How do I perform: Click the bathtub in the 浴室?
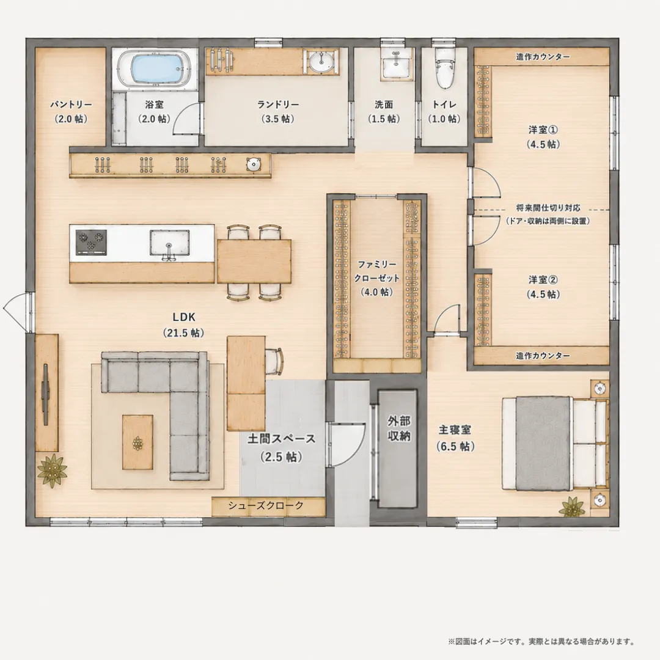pyautogui.click(x=155, y=69)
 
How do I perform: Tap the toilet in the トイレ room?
pyautogui.click(x=445, y=68)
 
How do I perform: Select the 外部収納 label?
pyautogui.click(x=398, y=428)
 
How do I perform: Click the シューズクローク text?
pyautogui.click(x=266, y=505)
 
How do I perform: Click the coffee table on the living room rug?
pyautogui.click(x=137, y=442)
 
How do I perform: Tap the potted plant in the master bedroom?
pyautogui.click(x=571, y=507)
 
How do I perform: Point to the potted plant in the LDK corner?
pyautogui.click(x=52, y=470)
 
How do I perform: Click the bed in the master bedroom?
pyautogui.click(x=555, y=443)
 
